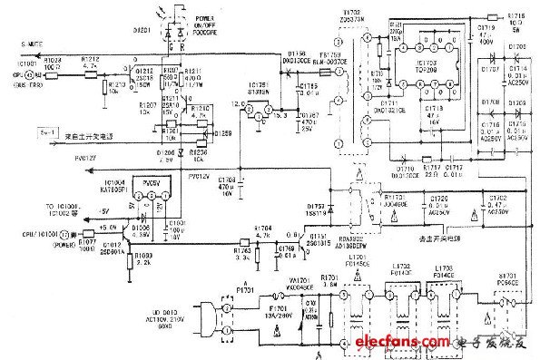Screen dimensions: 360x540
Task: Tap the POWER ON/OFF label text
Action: pyautogui.click(x=193, y=20)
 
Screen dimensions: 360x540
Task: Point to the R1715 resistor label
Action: pyautogui.click(x=515, y=15)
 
